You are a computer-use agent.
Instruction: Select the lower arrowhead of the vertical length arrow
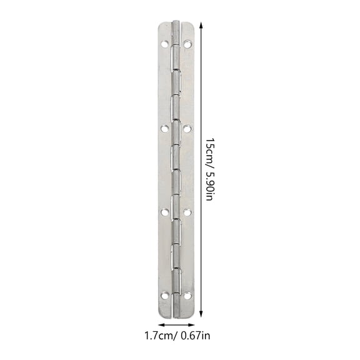click(201, 315)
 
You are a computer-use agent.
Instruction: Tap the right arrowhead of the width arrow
click(195, 326)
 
